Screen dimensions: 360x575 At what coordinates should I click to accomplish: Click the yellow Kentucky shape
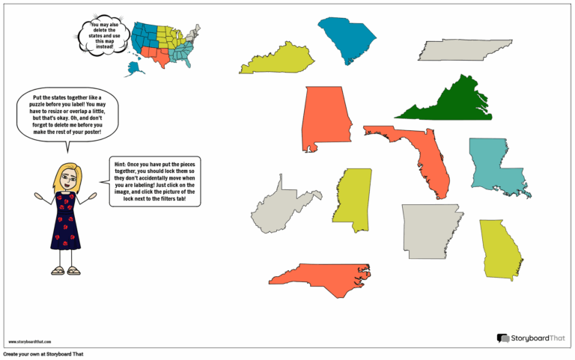coord(277,61)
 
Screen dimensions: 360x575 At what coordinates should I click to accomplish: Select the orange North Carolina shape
coord(318,276)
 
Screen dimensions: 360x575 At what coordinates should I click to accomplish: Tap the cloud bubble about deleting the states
coord(101,35)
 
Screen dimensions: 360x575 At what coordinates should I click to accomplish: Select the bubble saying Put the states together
coord(67,117)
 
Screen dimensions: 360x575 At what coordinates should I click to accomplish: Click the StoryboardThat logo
coord(531,338)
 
